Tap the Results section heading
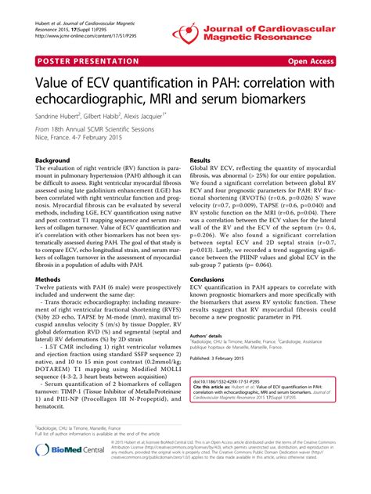pos(202,160)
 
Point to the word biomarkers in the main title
pos(301,101)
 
